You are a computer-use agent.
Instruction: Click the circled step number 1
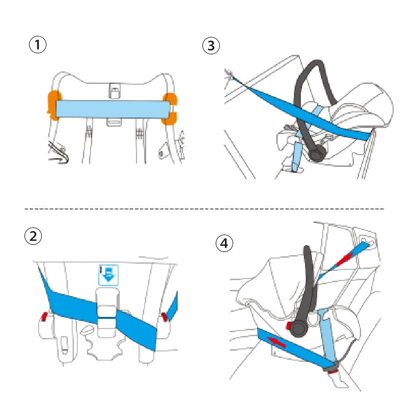[x=37, y=45]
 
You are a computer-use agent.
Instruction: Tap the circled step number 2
[x=33, y=237]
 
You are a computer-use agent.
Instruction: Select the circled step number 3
[x=211, y=45]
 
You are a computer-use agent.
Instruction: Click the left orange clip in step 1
[x=53, y=105]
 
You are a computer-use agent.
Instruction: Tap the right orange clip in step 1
[x=170, y=108]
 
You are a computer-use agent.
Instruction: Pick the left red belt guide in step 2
[x=44, y=315]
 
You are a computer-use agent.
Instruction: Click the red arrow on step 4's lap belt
[x=277, y=342]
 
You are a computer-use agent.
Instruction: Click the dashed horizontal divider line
[x=205, y=209]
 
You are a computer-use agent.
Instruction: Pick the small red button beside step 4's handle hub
[x=288, y=325]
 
